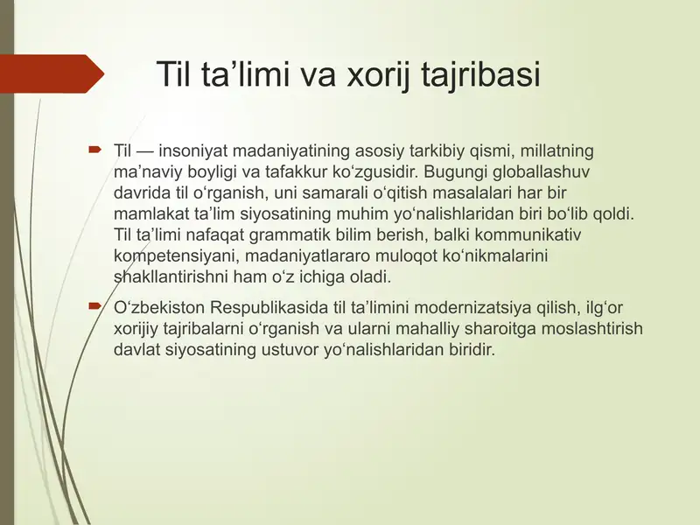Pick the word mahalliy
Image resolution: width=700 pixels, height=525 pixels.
(440, 329)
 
